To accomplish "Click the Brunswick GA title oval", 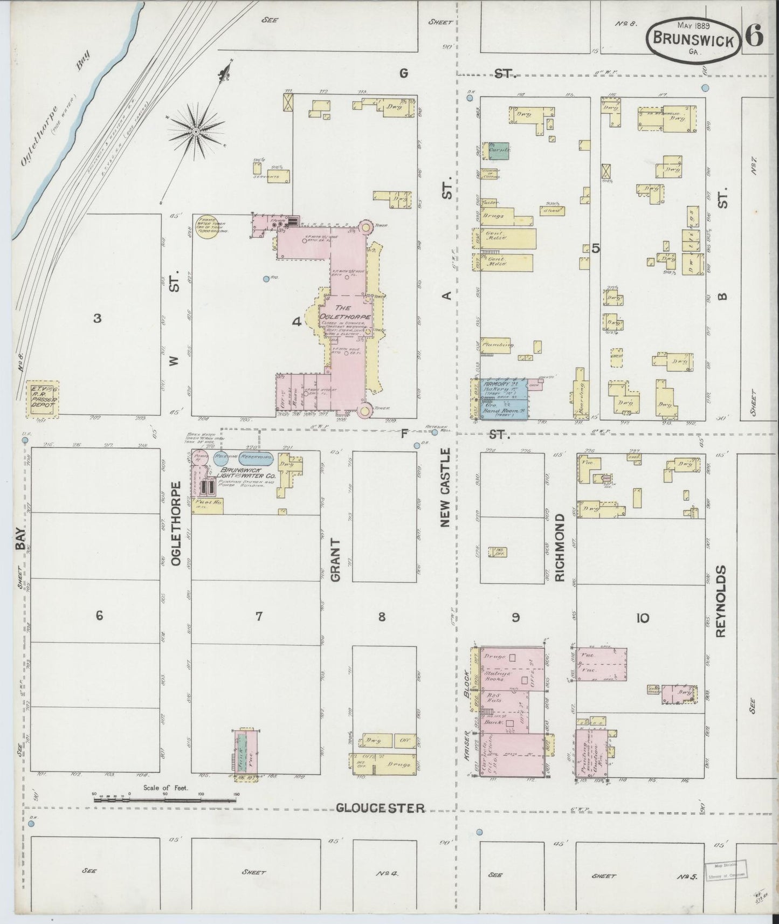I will [x=693, y=40].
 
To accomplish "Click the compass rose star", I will [x=196, y=131].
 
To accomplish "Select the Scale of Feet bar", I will [x=164, y=800].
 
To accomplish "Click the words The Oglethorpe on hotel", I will [x=336, y=312].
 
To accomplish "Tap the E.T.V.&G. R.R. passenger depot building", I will [x=43, y=399].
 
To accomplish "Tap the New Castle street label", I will [x=445, y=488].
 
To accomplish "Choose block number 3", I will [x=97, y=318].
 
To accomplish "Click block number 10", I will [x=642, y=618].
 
